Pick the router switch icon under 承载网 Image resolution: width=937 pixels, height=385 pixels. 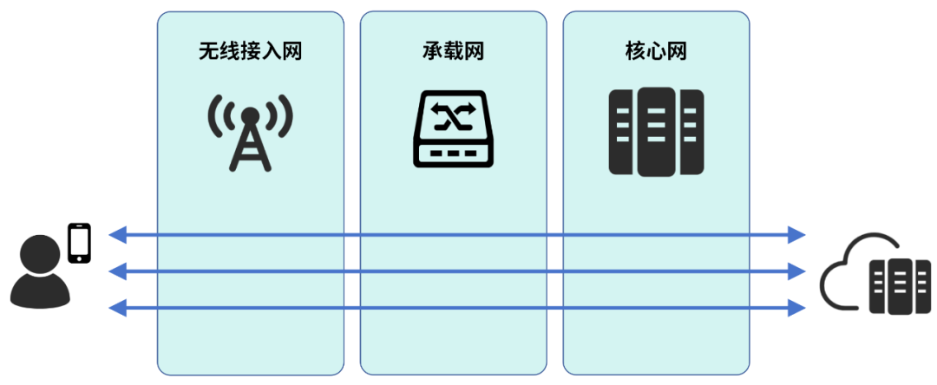pos(454,129)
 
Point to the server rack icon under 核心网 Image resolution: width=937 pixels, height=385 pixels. pos(656,131)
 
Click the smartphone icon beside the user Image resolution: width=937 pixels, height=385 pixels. pos(80,243)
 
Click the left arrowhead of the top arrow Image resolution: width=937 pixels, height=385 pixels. pos(117,234)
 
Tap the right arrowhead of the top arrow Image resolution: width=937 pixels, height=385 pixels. pos(796,234)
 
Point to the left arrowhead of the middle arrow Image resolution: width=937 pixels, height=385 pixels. pos(117,271)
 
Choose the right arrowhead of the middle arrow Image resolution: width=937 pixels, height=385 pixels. pos(796,271)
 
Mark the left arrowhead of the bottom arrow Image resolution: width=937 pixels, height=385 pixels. pos(117,307)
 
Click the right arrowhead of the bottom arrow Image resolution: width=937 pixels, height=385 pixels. pos(796,307)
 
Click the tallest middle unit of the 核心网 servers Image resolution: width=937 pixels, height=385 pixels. pos(656,131)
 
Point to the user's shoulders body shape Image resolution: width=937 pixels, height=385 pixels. pos(40,292)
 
